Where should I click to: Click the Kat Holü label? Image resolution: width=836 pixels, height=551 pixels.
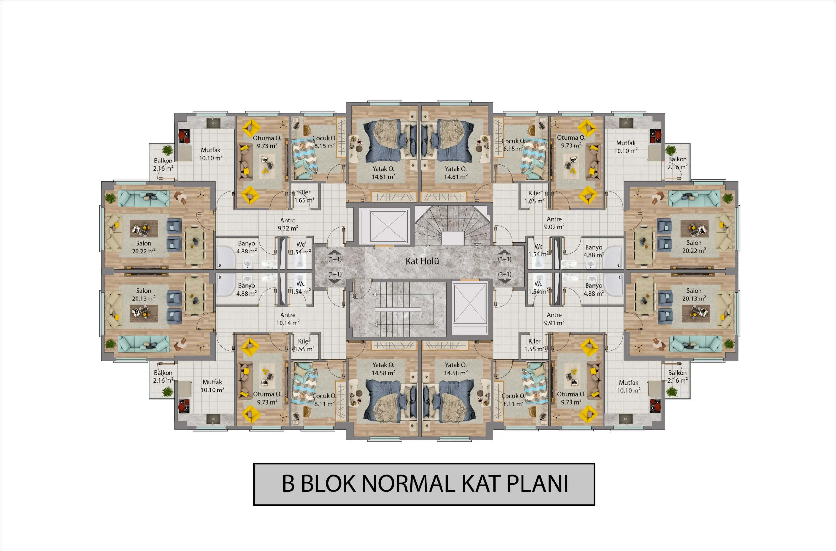point(422,261)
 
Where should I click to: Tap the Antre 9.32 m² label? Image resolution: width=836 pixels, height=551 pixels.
point(288,224)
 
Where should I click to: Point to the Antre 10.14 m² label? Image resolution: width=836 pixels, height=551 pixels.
point(288,319)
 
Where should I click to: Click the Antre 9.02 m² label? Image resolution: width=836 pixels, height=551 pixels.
point(554,223)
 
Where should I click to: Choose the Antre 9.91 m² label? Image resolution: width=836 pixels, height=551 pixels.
point(554,319)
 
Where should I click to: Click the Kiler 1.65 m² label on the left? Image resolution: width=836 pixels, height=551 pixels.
point(304,196)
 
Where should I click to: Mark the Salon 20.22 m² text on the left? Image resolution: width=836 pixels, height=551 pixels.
point(143,247)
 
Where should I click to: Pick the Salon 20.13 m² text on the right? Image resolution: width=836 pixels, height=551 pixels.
point(694,295)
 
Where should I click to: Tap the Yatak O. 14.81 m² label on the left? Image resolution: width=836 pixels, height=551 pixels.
point(383,173)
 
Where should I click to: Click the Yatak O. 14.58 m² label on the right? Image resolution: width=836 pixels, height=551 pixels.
point(456,369)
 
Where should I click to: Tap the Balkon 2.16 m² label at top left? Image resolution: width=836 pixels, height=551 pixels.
point(163,164)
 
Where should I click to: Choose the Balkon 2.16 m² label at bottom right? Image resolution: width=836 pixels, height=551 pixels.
point(677,376)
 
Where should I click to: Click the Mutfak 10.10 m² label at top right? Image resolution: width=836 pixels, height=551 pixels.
point(626,147)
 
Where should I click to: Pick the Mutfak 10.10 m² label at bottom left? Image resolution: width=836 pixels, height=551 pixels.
point(213,386)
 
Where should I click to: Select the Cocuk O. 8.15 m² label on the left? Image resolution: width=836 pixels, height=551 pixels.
point(324,142)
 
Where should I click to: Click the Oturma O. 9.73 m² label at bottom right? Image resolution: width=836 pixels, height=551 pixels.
point(571,398)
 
